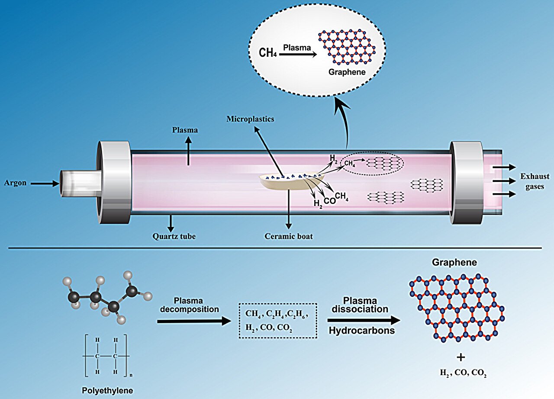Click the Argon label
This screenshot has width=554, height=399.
(16, 183)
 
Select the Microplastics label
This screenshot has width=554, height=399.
(250, 119)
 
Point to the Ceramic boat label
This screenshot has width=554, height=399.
(288, 237)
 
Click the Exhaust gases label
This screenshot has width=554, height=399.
(535, 182)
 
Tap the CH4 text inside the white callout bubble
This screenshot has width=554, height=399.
(268, 52)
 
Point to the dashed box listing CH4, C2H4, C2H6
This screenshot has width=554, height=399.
(278, 321)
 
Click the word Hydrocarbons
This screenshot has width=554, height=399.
(358, 331)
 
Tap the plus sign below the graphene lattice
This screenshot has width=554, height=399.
(461, 357)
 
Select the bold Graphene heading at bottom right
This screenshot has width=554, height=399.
(454, 263)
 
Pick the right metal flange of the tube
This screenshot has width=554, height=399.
(467, 182)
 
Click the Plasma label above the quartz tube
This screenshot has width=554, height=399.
(185, 130)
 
